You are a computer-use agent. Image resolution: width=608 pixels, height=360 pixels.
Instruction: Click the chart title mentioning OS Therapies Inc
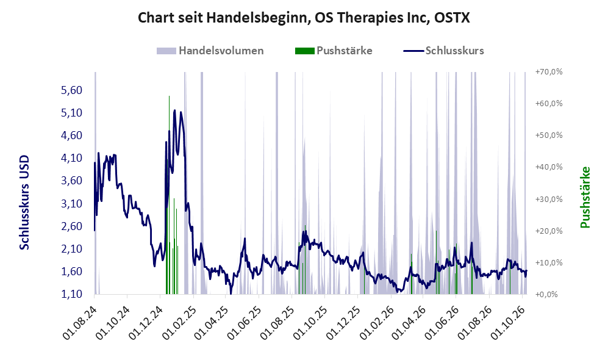304,18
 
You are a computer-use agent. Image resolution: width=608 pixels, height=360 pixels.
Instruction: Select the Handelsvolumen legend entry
210,51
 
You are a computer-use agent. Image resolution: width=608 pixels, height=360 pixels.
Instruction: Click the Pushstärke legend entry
334,51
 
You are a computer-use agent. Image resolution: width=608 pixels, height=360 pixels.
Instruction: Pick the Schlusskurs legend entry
443,51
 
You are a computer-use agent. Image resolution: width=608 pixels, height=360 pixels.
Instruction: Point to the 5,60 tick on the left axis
72,90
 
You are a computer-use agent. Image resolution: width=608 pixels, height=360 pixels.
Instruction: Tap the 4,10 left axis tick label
72,158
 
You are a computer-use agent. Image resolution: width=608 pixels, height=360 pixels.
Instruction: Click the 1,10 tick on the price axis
72,294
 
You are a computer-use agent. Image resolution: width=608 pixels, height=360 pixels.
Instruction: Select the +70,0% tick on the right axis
549,72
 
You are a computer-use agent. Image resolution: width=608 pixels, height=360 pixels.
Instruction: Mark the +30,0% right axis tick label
549,199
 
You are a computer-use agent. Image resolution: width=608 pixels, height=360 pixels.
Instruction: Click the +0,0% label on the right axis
546,295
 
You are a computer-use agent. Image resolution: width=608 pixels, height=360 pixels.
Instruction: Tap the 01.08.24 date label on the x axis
79,323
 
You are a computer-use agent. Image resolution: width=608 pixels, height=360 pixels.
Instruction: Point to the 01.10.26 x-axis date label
508,323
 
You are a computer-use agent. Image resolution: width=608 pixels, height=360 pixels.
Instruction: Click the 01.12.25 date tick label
343,323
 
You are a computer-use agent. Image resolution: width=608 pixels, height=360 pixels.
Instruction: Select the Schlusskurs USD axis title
24,203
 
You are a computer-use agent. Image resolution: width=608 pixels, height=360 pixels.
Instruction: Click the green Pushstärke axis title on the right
585,198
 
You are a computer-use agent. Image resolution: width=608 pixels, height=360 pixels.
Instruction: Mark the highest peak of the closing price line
175,110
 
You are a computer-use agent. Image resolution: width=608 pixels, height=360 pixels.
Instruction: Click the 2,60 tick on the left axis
72,226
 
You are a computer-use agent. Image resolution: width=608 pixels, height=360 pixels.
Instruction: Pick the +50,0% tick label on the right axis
549,135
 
